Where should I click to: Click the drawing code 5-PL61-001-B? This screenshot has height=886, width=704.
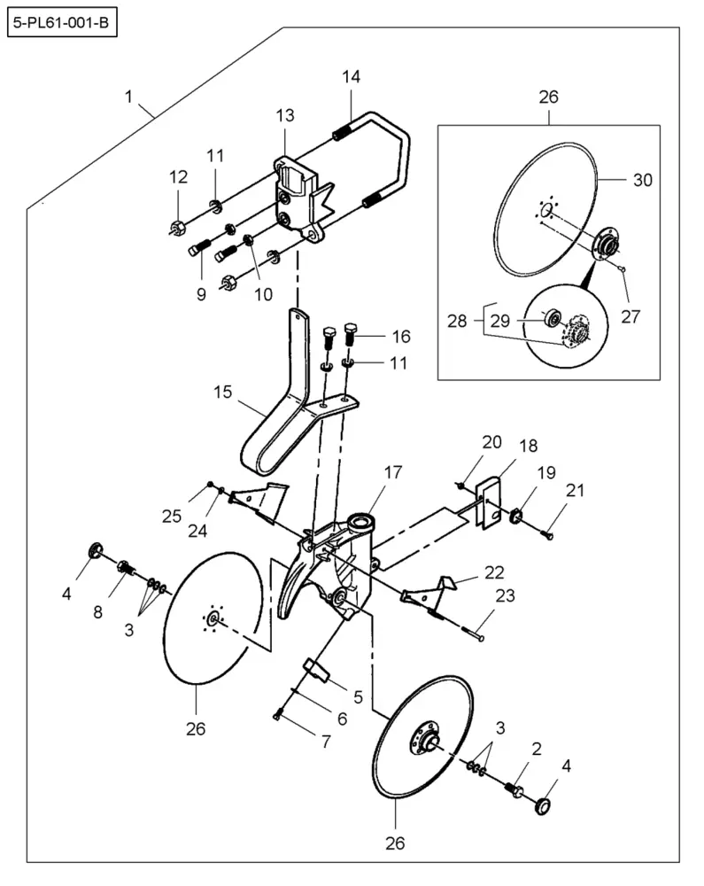pos(61,24)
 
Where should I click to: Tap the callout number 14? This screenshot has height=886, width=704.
pos(351,76)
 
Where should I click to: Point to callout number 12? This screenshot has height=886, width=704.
pos(178,177)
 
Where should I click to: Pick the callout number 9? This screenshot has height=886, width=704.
pos(201,294)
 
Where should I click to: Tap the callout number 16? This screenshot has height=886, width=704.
pos(401,336)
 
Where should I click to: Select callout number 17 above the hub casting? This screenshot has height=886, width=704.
pos(393,472)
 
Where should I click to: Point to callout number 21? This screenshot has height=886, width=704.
pos(575,490)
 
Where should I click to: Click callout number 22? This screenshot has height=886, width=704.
pos(494,572)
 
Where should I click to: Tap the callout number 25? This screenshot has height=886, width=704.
pos(172,516)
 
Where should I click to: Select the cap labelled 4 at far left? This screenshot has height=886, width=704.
pos(96,549)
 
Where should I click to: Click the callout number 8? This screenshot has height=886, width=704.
pos(97,612)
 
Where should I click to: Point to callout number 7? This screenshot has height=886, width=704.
pos(326,742)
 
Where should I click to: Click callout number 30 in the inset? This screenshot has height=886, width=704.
pos(643,180)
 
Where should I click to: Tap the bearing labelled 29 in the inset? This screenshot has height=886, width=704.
pos(551,317)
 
